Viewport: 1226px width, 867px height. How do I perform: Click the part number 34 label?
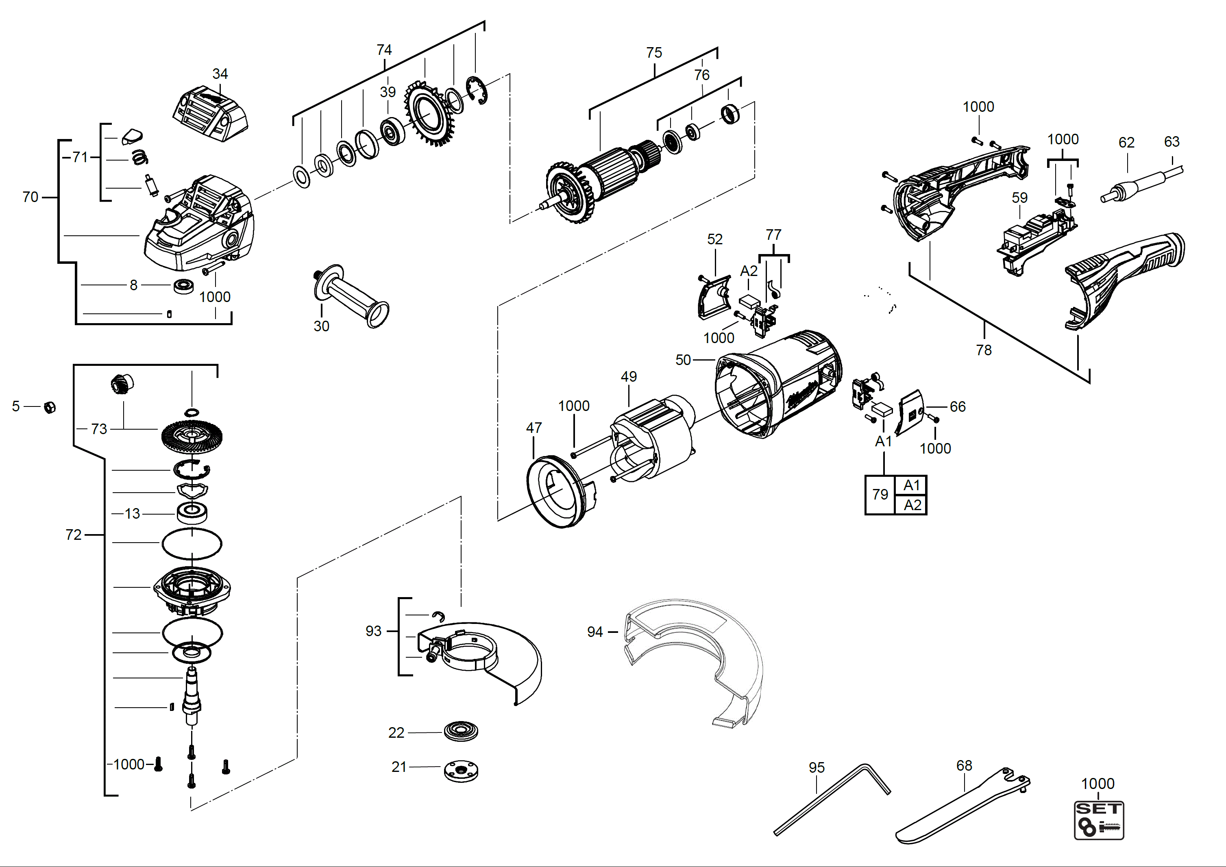[x=220, y=74]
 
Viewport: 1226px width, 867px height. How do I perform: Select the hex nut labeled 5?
[x=50, y=407]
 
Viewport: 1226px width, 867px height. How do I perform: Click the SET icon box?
[x=1099, y=820]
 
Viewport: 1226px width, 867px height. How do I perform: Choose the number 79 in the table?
[x=880, y=495]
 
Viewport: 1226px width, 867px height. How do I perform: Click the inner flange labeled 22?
[x=461, y=731]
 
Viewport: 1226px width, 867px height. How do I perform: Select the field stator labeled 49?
[x=653, y=438]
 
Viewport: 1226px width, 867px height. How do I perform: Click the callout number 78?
[x=984, y=350]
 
